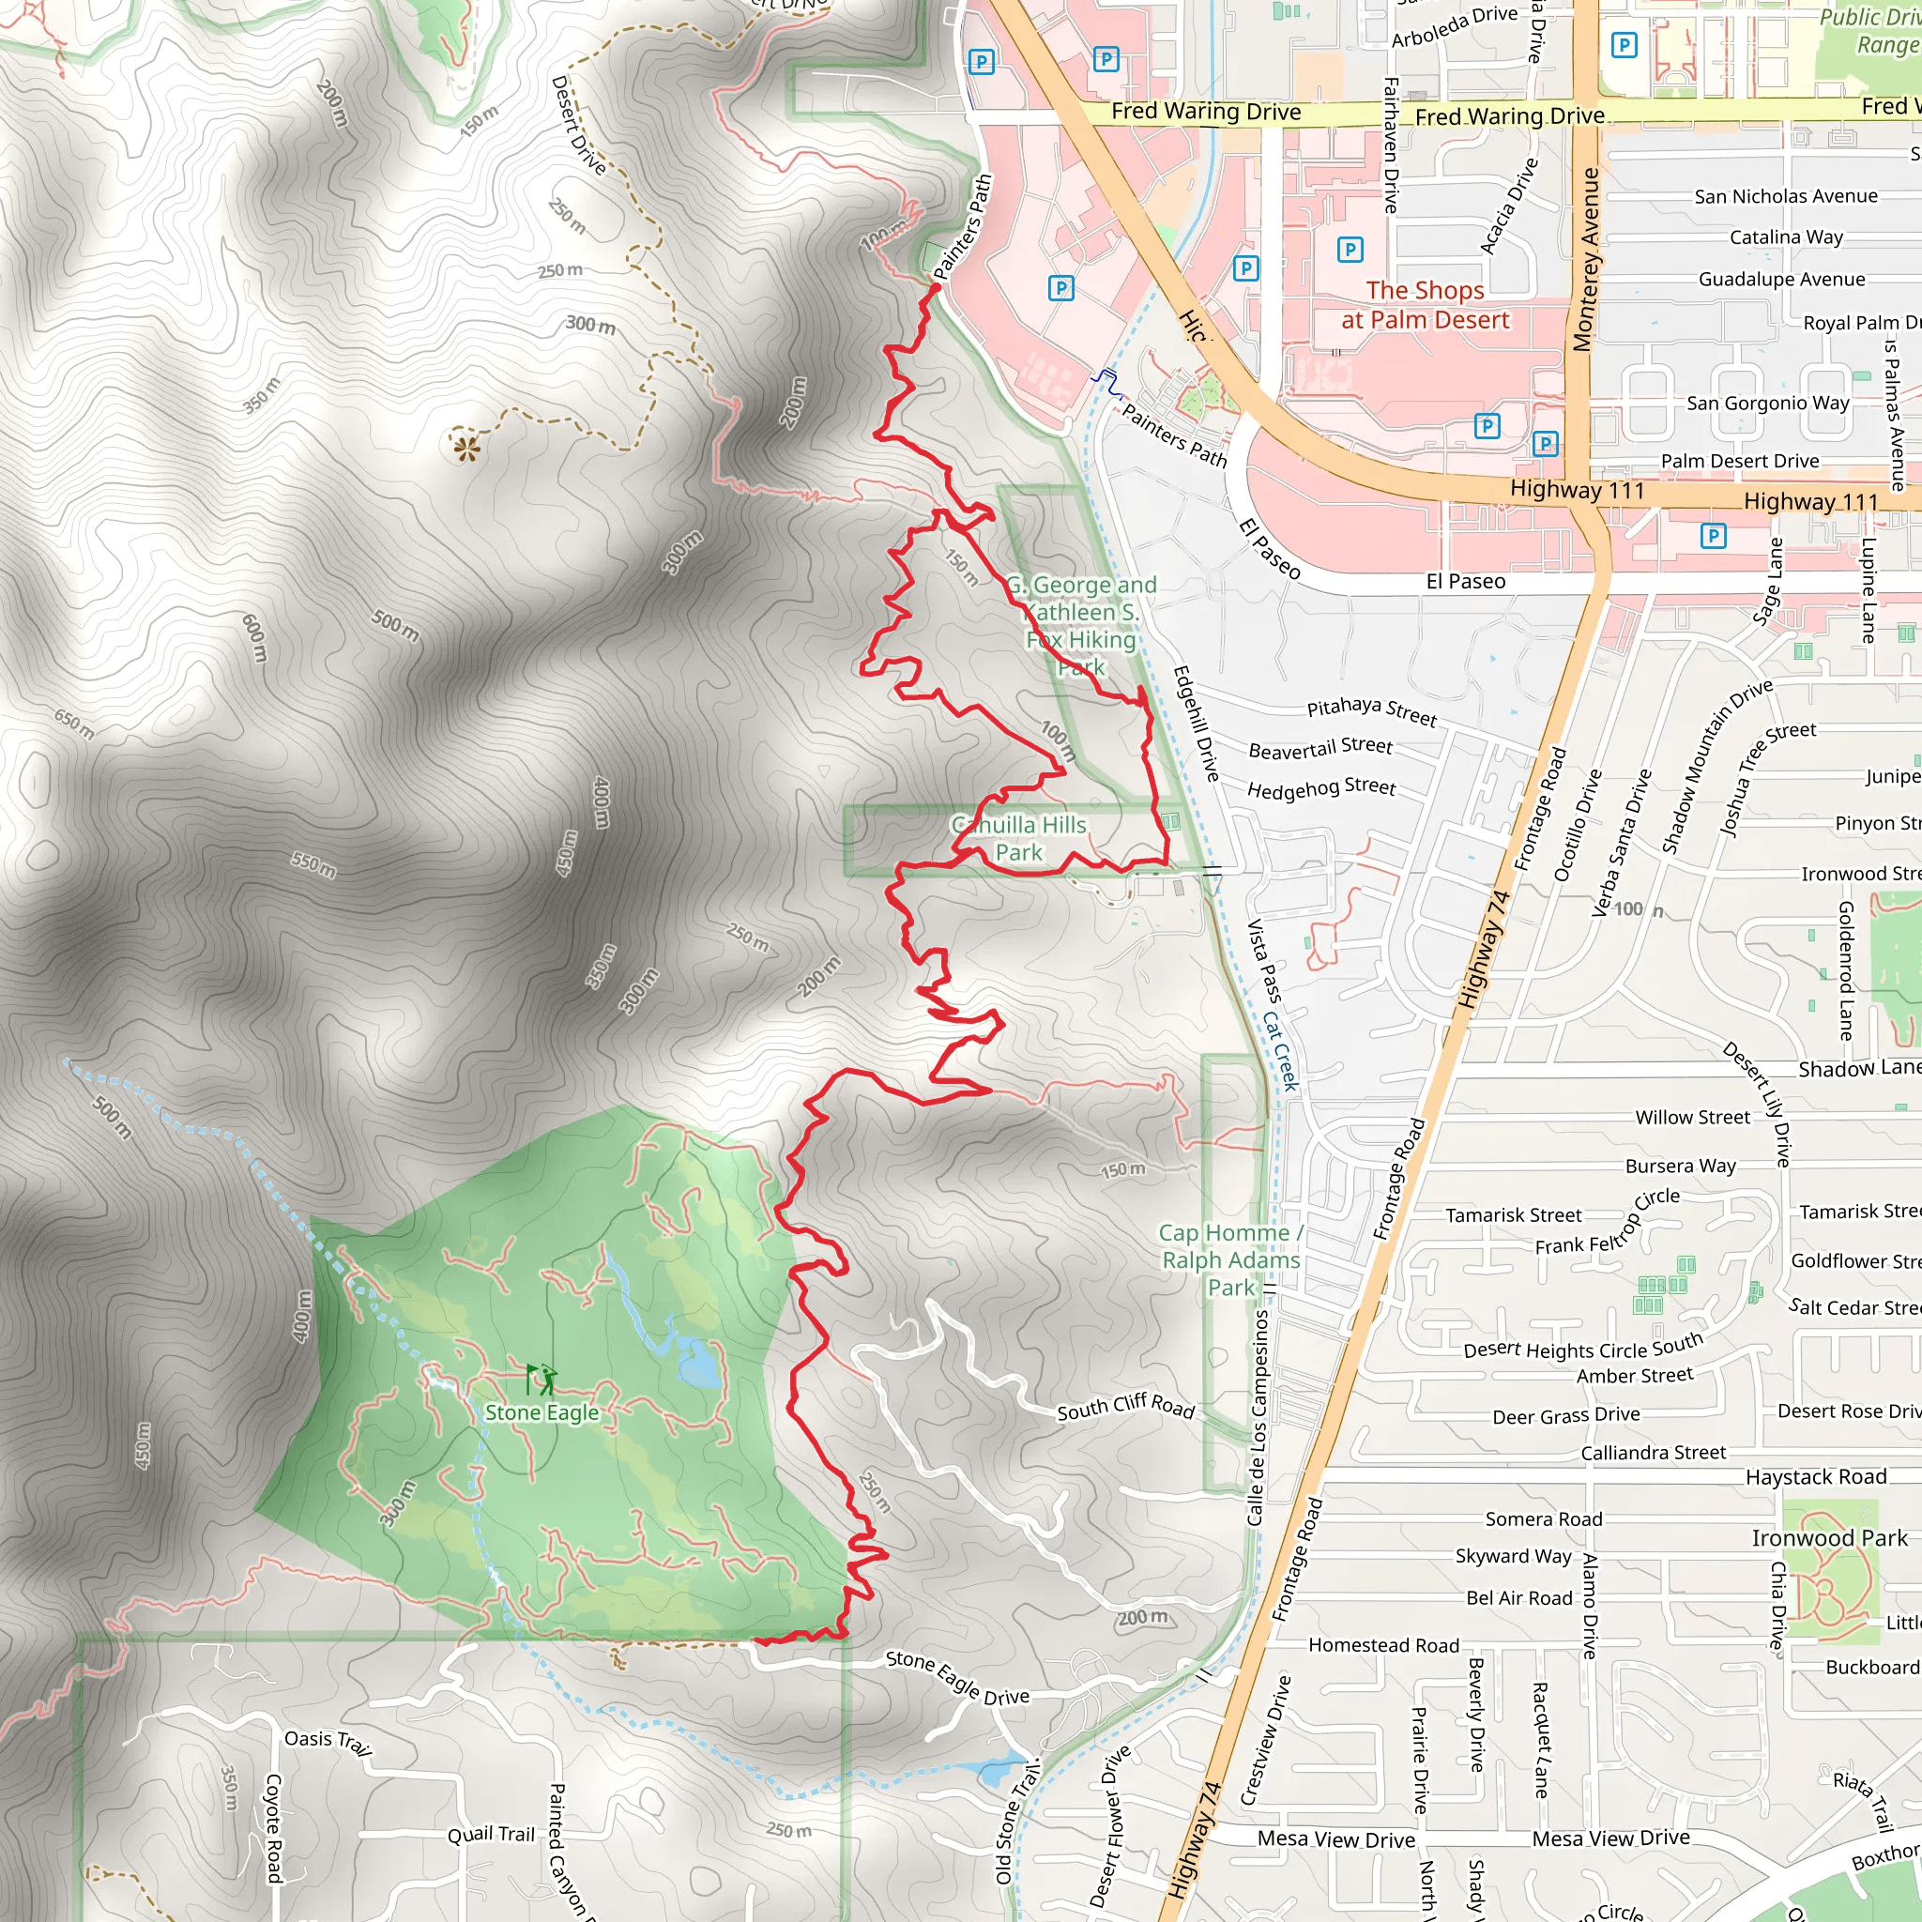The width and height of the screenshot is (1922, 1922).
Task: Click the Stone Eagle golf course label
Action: [542, 1412]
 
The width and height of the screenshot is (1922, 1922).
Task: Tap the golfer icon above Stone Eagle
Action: [542, 1380]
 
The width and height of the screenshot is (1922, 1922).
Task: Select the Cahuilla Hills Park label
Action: [1018, 839]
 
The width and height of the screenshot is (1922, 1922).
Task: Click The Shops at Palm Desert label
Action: [1425, 305]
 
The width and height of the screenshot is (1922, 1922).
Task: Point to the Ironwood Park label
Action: [1829, 1538]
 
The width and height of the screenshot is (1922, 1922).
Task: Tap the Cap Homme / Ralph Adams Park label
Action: [1230, 1260]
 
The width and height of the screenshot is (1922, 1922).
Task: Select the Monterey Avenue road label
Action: [1589, 260]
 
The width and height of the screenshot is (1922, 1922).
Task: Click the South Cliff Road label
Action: [1125, 1406]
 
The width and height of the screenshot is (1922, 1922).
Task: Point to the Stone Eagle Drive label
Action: [957, 1678]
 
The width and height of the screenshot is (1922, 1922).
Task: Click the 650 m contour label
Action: [75, 725]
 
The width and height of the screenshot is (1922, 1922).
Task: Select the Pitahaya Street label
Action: [1372, 710]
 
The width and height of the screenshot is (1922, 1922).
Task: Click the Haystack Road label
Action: [1816, 1477]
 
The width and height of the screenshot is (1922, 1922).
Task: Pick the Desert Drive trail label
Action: [578, 126]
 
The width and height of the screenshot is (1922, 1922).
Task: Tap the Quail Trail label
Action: [491, 1835]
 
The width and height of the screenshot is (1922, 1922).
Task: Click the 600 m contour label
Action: [254, 637]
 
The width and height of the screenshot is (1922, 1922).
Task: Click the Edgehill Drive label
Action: [1196, 724]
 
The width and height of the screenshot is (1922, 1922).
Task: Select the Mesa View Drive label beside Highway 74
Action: [1335, 1839]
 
